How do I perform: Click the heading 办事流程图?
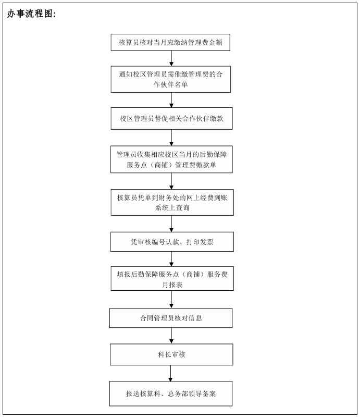pyautogui.click(x=31, y=14)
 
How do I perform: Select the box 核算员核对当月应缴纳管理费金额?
pyautogui.click(x=170, y=42)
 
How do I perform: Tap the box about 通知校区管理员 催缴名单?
pyautogui.click(x=171, y=79)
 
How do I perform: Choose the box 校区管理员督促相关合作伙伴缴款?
pyautogui.click(x=172, y=119)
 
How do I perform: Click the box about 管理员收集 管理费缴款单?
pyautogui.click(x=171, y=159)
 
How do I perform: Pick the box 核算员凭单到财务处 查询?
pyautogui.click(x=172, y=203)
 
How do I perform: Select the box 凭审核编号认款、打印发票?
pyautogui.click(x=172, y=242)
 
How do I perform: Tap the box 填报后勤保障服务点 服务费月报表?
pyautogui.click(x=172, y=278)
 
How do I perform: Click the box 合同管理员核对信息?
pyautogui.click(x=171, y=318)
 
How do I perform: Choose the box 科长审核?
pyautogui.click(x=171, y=354)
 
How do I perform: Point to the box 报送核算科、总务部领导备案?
pyautogui.click(x=171, y=393)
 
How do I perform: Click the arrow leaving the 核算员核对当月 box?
pyautogui.click(x=171, y=58)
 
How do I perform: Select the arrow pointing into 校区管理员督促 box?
pyautogui.click(x=171, y=100)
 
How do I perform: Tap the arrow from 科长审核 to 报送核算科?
pyautogui.click(x=170, y=373)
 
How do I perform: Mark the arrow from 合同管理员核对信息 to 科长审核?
pyautogui.click(x=171, y=336)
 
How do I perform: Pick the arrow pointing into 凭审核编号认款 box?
pyautogui.click(x=171, y=224)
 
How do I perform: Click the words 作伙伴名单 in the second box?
pyautogui.click(x=171, y=85)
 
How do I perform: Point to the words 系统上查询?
pyautogui.click(x=172, y=207)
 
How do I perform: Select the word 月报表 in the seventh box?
pyautogui.click(x=172, y=285)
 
